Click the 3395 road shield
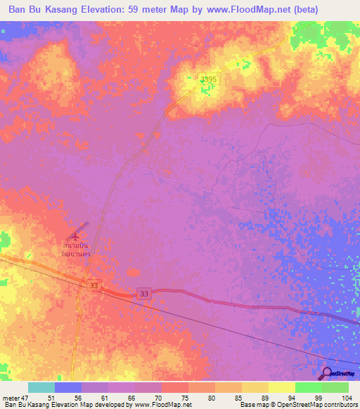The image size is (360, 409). (210, 81)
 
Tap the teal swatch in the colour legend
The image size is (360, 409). (41, 387)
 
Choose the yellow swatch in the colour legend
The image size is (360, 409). (281, 387)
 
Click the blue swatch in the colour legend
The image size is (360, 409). (67, 387)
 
